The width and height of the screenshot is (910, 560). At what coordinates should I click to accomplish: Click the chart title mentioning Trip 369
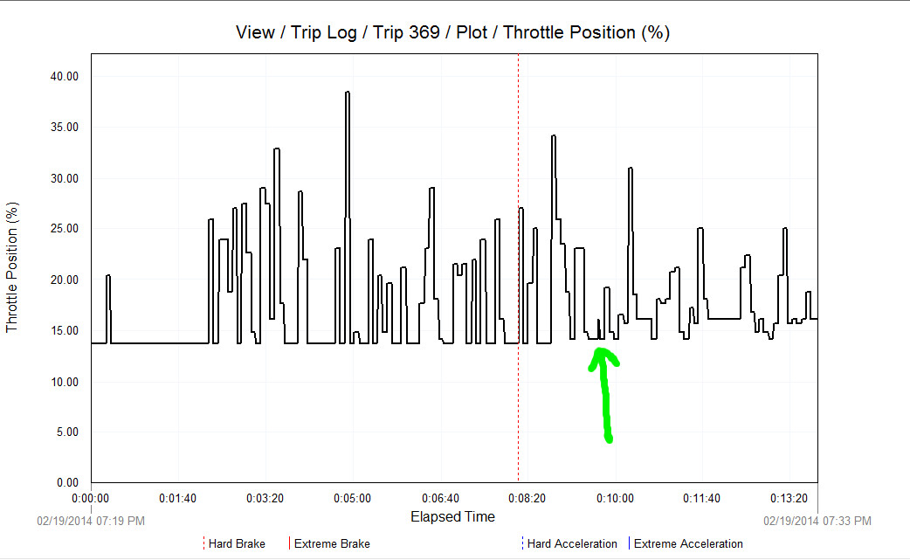click(x=452, y=32)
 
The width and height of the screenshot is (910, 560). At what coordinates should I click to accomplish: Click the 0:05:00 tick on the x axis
click(x=352, y=498)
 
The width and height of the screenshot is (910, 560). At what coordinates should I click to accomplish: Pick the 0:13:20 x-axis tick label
click(x=789, y=498)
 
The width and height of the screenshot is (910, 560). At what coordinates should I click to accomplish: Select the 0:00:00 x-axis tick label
click(x=91, y=498)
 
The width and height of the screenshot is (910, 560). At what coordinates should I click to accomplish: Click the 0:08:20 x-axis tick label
click(x=527, y=498)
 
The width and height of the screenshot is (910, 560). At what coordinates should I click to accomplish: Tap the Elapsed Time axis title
click(x=452, y=516)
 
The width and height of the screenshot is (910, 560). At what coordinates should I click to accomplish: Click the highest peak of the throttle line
click(x=348, y=93)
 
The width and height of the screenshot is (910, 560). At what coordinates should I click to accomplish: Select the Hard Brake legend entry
click(x=236, y=543)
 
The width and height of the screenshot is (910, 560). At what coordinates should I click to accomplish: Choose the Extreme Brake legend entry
click(x=331, y=543)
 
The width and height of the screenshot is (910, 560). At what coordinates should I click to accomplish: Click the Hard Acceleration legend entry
click(x=571, y=543)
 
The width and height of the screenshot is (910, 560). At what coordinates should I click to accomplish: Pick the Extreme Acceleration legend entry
click(x=687, y=543)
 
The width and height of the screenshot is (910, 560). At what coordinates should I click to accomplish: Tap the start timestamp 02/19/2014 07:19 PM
click(x=90, y=521)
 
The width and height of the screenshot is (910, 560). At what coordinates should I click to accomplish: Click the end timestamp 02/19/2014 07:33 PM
click(x=817, y=521)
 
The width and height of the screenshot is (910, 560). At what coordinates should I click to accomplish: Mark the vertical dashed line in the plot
click(x=519, y=262)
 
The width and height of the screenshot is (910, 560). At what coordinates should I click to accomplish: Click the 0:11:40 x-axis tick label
click(x=701, y=498)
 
